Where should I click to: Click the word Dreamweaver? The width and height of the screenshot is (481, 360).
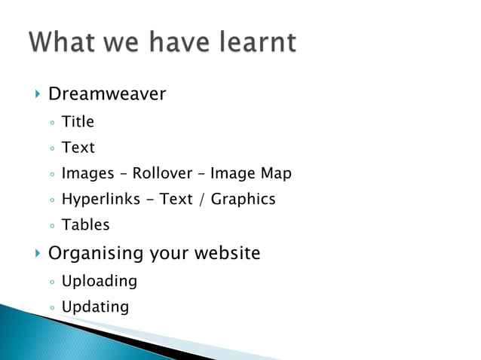pyautogui.click(x=107, y=94)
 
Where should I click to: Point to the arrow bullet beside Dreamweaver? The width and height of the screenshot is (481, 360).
pyautogui.click(x=37, y=94)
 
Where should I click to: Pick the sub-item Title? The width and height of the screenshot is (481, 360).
pyautogui.click(x=78, y=121)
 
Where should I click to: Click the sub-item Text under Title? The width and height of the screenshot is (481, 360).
pyautogui.click(x=78, y=148)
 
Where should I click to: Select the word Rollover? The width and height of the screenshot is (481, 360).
pyautogui.click(x=162, y=173)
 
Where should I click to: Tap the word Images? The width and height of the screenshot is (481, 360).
pyautogui.click(x=87, y=173)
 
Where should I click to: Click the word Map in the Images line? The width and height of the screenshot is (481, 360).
pyautogui.click(x=276, y=173)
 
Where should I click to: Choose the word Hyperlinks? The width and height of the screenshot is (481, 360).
pyautogui.click(x=101, y=200)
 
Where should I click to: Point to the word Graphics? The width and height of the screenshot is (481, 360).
pyautogui.click(x=243, y=200)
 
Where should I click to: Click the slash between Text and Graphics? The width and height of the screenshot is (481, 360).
pyautogui.click(x=202, y=200)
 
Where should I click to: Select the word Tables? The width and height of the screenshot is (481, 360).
pyautogui.click(x=85, y=225)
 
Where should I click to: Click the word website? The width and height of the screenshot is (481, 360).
pyautogui.click(x=226, y=253)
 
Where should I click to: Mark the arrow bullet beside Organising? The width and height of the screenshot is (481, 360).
pyautogui.click(x=37, y=253)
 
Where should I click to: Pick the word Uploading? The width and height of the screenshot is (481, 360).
pyautogui.click(x=99, y=281)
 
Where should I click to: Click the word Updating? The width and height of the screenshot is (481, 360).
pyautogui.click(x=95, y=307)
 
